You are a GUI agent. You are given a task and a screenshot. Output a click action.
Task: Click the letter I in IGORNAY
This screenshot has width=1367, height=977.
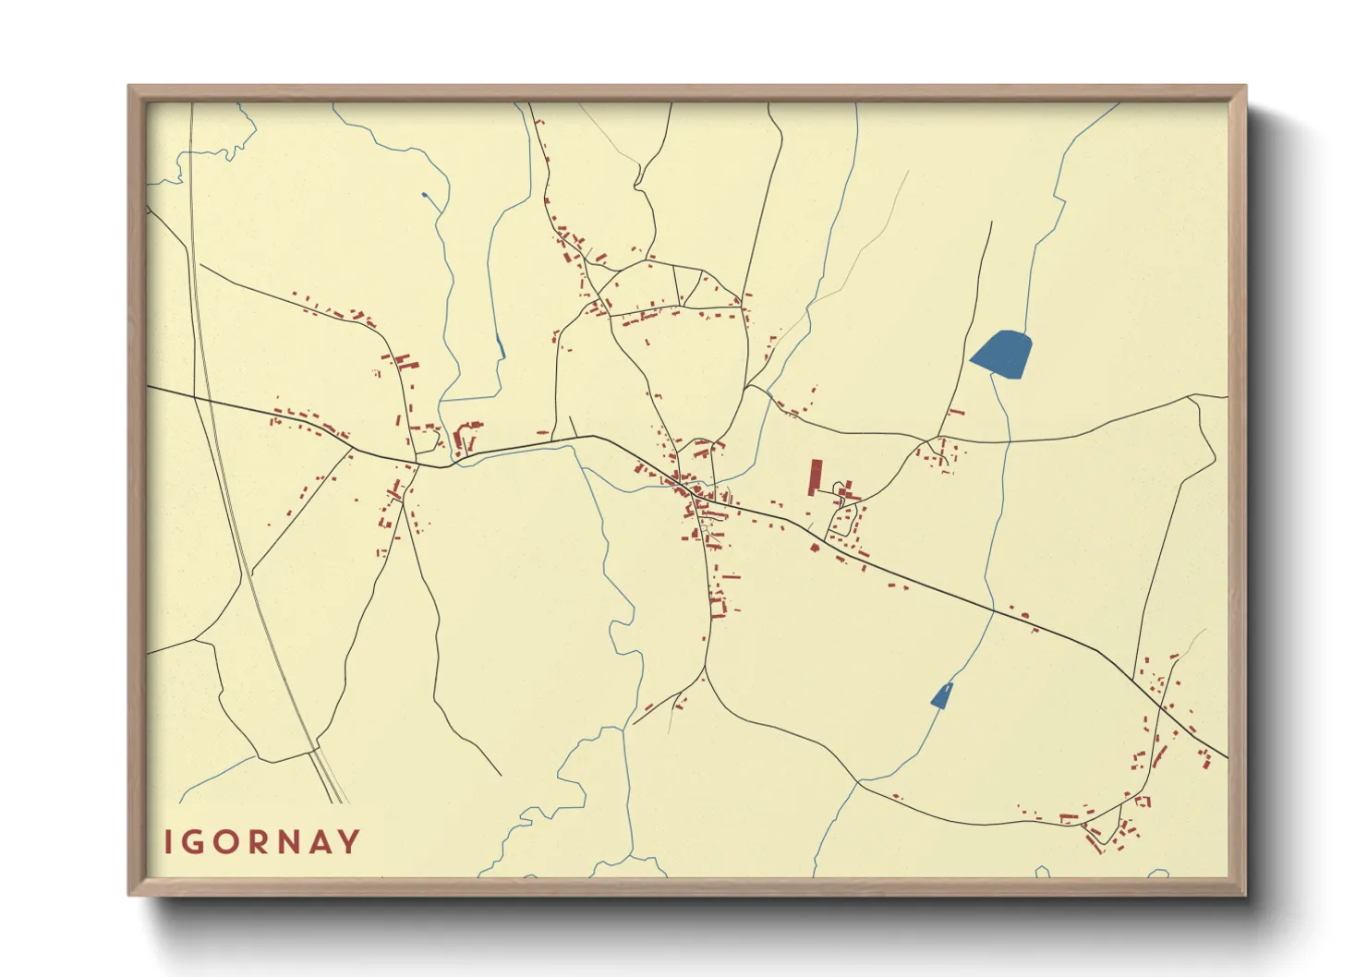(x=169, y=842)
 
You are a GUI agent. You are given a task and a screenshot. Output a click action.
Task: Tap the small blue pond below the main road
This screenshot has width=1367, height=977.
(x=941, y=695)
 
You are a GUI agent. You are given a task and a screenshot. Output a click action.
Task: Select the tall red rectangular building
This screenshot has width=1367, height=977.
(x=815, y=477)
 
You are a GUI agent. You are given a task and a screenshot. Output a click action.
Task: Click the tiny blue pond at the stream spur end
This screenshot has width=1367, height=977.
(x=424, y=195)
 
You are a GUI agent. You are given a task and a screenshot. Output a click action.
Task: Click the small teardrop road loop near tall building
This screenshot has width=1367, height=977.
(x=839, y=488)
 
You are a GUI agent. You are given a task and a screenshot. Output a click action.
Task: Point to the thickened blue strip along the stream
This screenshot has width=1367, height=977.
(x=500, y=347)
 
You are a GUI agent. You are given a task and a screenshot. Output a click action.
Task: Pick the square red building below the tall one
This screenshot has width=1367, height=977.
(x=815, y=548)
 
